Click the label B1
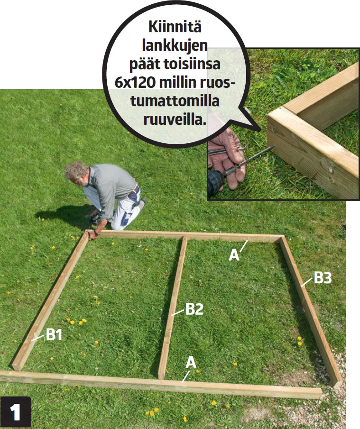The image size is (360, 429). pyautogui.click(x=54, y=335)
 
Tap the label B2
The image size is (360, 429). pyautogui.click(x=194, y=309)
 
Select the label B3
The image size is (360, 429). pyautogui.click(x=323, y=278)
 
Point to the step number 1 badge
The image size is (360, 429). pyautogui.click(x=16, y=412)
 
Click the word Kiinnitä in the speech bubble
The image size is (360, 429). pyautogui.click(x=175, y=27)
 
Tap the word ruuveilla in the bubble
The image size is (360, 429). pyautogui.click(x=175, y=120)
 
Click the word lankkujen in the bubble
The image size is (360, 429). pyautogui.click(x=175, y=46)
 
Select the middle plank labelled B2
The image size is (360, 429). pyautogui.click(x=173, y=308)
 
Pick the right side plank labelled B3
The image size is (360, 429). pyautogui.click(x=311, y=312)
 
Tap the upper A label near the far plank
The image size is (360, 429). pyautogui.click(x=234, y=255)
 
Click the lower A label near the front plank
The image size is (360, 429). pyautogui.click(x=191, y=362)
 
